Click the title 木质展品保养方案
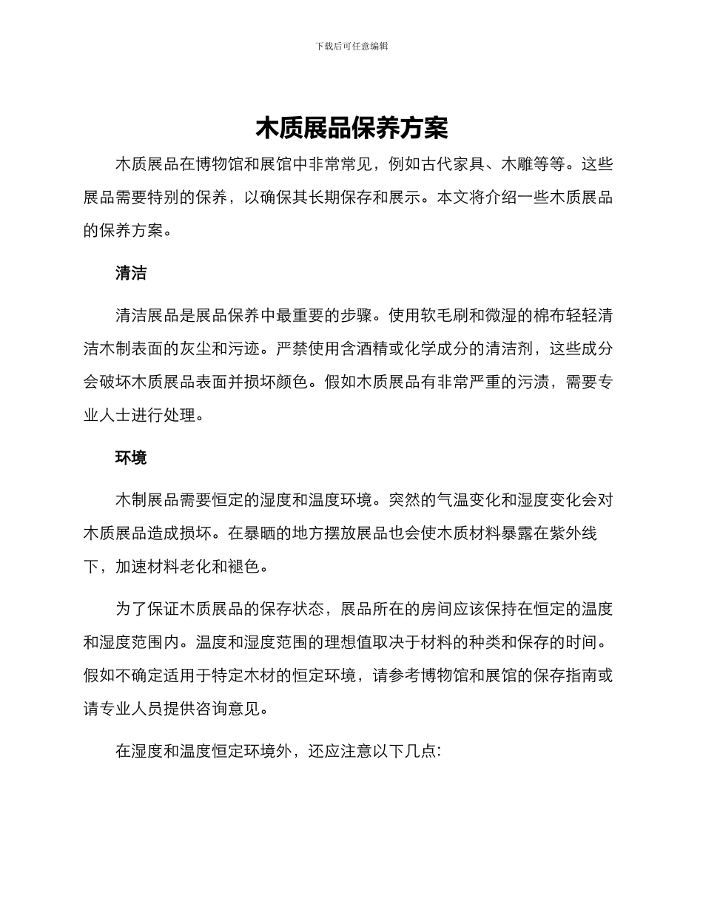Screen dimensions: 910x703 (x=351, y=129)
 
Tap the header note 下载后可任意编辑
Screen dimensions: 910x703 (x=351, y=46)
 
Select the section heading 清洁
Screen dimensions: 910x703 (x=131, y=274)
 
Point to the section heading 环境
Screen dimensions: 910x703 (x=131, y=458)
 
